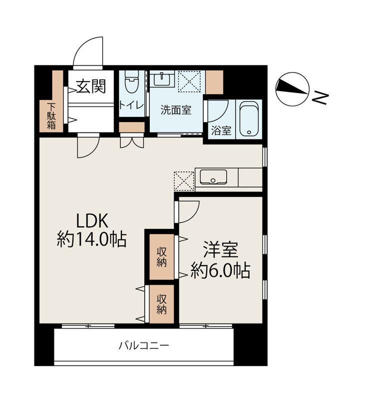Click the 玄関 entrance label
coord(91,86)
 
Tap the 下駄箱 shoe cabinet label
coord(51,116)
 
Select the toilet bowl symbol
coord(132,81)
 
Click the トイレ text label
coord(131,105)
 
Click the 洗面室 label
coord(176,110)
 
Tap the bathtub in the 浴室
coord(249,119)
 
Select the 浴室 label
coord(221,131)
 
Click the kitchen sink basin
coord(213,177)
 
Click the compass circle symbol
coord(292,89)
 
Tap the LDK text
coord(92,221)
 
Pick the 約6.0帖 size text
coord(221,270)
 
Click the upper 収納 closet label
coord(162,257)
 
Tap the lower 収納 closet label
coord(162,304)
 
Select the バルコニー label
coord(144,346)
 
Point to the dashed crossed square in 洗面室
coord(189,81)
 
